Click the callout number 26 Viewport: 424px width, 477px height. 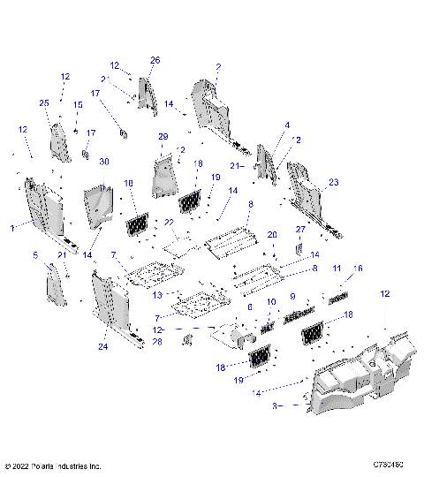[155, 60]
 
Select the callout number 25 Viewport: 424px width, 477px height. [45, 103]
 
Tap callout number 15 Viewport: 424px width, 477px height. [77, 105]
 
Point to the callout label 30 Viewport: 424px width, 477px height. [103, 162]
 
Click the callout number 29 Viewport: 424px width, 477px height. [163, 137]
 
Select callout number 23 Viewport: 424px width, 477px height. [333, 183]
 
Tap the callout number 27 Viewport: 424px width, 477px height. [300, 229]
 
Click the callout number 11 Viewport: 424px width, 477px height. [337, 268]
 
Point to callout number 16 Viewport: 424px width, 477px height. [358, 268]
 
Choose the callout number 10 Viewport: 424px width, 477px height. [271, 302]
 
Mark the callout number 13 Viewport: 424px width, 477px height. [158, 294]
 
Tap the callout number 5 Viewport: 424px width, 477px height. [35, 256]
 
